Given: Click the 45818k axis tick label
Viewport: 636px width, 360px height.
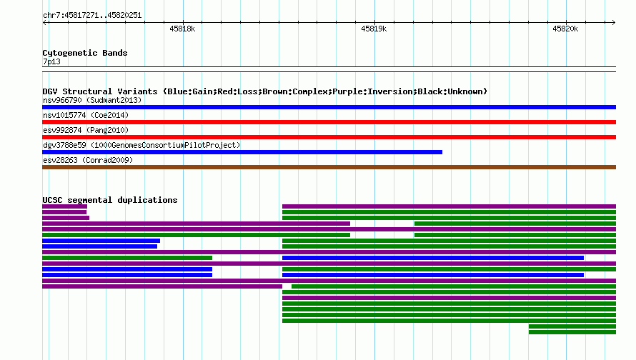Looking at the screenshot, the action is (182, 29).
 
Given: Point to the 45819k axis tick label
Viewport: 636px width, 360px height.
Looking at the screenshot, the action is (374, 29).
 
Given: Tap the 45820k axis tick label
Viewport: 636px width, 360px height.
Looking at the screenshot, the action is (565, 29).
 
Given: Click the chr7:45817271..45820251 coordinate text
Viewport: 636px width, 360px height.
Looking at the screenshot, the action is (92, 16).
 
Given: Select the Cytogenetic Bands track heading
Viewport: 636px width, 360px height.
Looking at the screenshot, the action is (85, 53).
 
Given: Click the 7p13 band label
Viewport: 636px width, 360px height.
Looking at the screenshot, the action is (51, 61).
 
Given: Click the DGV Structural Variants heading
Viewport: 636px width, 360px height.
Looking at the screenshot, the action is (265, 91).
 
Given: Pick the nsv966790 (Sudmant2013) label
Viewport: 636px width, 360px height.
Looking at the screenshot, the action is (92, 100).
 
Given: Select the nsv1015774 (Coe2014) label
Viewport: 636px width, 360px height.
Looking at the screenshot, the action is (86, 115).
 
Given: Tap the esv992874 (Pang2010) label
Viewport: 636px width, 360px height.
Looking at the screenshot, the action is (86, 130).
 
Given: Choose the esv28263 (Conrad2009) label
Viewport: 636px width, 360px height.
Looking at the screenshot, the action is (88, 160).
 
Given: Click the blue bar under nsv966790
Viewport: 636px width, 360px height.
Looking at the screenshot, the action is (329, 107).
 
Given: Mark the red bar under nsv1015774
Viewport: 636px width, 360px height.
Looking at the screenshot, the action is (329, 122).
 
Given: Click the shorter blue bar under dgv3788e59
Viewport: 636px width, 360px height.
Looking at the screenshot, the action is (242, 152).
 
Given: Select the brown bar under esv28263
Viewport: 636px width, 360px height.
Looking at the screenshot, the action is (329, 167).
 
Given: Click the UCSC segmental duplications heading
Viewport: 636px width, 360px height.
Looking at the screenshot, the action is (110, 200).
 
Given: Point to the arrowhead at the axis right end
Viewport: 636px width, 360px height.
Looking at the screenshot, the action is (614, 23).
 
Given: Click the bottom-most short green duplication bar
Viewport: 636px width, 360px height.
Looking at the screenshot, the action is (572, 332).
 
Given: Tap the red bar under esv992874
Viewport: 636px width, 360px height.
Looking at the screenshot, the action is (329, 137).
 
